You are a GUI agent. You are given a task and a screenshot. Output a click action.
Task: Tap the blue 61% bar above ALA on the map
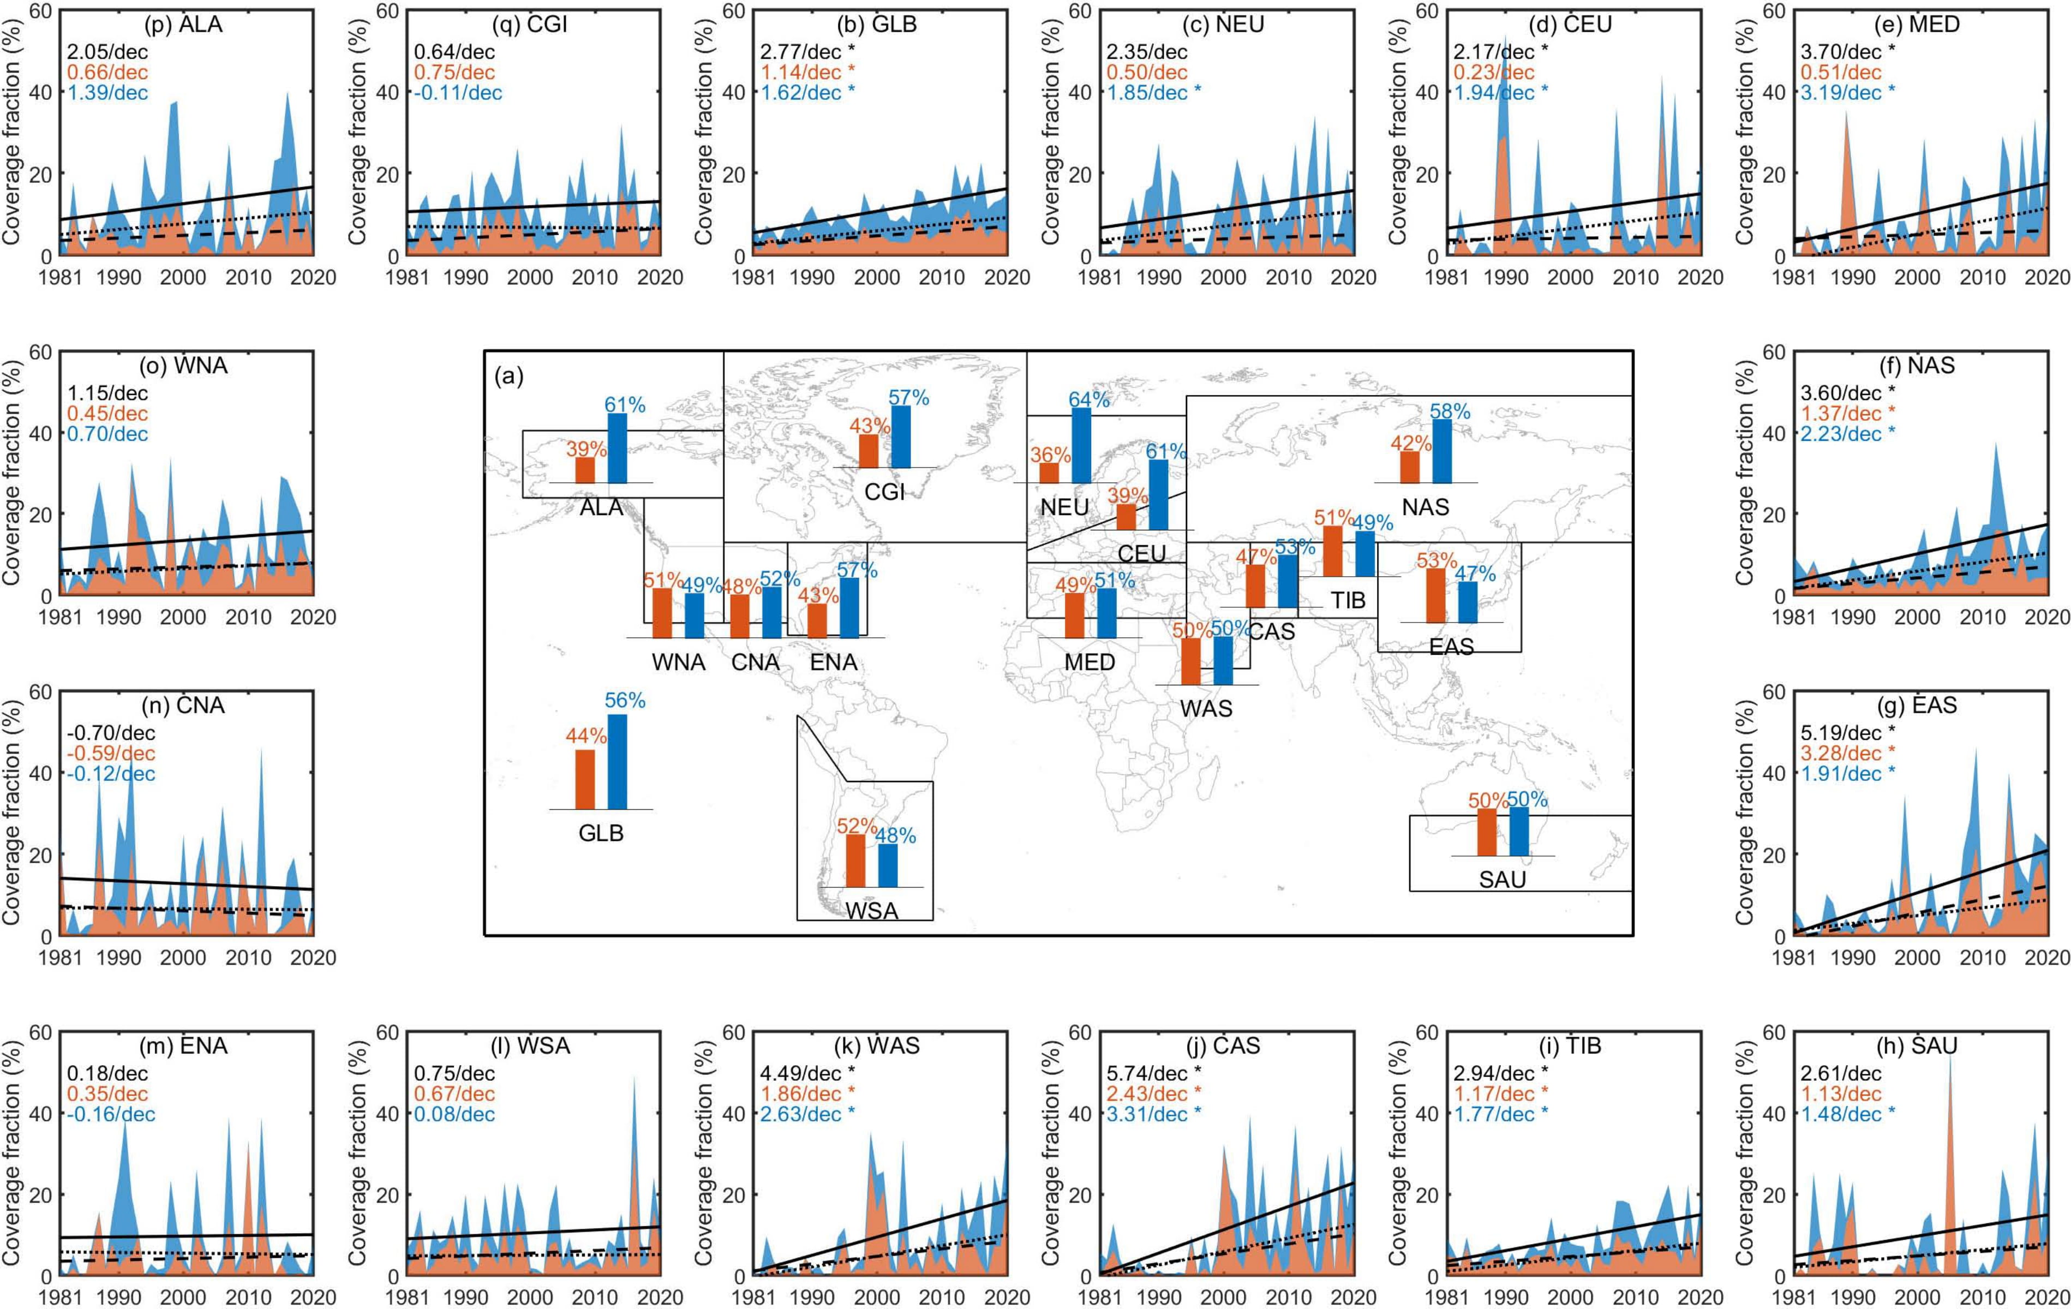point(616,448)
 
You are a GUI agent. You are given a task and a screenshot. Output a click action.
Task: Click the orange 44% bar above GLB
point(585,779)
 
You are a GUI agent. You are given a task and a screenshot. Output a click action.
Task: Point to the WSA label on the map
point(872,911)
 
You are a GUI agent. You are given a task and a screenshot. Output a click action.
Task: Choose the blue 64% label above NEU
point(1089,400)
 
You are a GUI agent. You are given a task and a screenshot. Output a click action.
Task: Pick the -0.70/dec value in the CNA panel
point(111,733)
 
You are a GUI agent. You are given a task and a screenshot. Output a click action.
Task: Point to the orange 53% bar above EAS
point(1435,595)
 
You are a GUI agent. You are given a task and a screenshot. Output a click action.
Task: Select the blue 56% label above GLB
point(624,702)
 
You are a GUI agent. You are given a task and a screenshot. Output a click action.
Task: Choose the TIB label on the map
point(1348,600)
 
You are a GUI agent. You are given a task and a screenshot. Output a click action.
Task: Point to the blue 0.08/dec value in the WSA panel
point(455,1115)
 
